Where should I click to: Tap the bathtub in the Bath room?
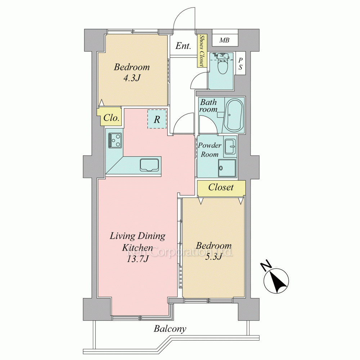235,115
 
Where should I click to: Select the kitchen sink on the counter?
149,165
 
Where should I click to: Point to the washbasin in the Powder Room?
230,147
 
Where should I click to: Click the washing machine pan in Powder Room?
227,168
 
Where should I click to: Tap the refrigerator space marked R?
157,119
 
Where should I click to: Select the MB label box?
225,40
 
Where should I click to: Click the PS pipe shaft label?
240,63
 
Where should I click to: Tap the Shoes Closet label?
202,50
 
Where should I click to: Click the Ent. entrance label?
183,46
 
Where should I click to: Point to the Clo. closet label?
111,118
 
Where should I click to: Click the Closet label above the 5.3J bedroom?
221,187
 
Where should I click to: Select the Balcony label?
170,329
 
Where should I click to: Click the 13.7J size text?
138,259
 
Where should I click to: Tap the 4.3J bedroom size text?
132,78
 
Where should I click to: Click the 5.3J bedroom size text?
213,257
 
